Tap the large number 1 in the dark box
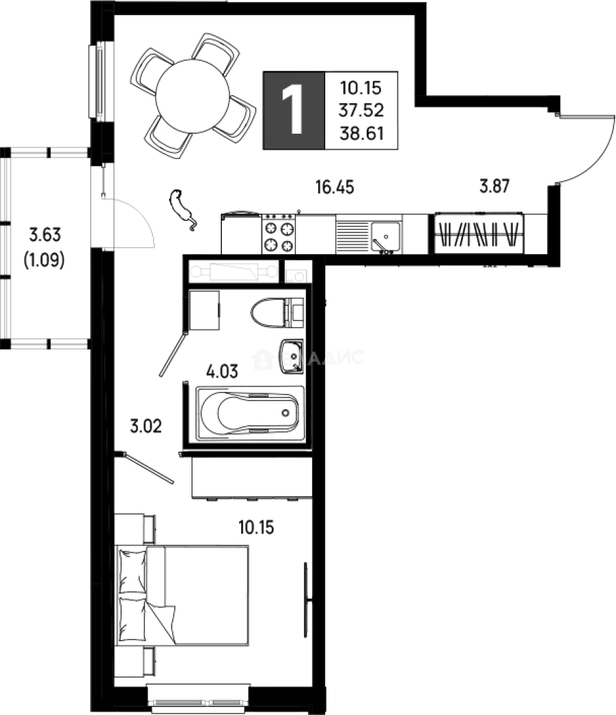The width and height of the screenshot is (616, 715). click(x=293, y=109)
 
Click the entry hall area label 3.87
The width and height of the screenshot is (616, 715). click(x=493, y=187)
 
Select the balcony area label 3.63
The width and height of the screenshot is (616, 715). click(x=44, y=234)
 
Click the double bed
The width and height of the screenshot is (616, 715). click(x=182, y=595)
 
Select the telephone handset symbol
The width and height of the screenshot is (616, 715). click(x=181, y=209)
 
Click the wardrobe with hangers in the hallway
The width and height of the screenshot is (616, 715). click(x=479, y=234)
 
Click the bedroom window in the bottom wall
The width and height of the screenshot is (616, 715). click(x=199, y=700)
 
